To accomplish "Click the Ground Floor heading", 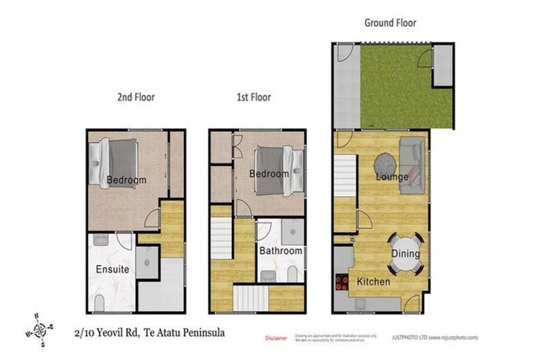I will tap(390, 22).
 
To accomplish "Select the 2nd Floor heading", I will tap(135, 97).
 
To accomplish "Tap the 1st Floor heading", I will tap(253, 97).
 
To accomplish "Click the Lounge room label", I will tap(392, 176).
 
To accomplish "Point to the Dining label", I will tap(406, 254).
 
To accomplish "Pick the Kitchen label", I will tap(373, 281).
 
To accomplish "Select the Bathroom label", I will tap(281, 250).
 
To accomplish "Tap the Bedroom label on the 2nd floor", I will tap(127, 180).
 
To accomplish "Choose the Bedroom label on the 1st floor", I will tap(269, 174).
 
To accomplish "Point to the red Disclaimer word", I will tap(276, 338).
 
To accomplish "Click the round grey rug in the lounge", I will tap(384, 164).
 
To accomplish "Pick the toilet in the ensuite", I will tap(99, 303).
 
